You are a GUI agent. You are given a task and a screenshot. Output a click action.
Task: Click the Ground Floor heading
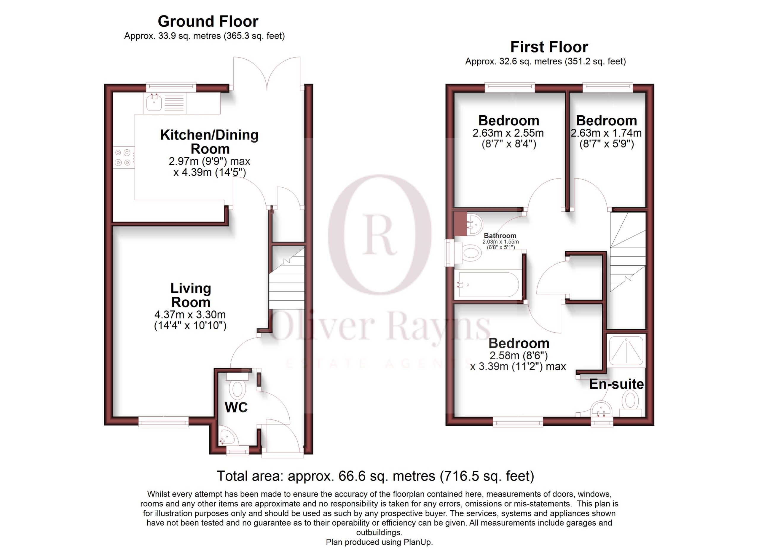coord(208,21)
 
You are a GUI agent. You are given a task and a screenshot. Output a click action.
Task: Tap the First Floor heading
coord(549,47)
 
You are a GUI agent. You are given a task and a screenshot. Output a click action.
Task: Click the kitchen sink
coord(154,102)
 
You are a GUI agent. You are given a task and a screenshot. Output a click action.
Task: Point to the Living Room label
coord(191,295)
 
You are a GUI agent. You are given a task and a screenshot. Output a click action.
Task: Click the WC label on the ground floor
coord(236,407)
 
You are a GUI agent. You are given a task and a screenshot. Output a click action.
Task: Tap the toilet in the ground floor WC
coord(237,386)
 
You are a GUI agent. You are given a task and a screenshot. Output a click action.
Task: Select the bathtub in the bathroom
coord(489,284)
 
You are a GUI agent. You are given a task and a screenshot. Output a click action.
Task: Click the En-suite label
coord(616,384)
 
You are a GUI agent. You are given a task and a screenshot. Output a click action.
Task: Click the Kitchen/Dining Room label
coord(210,142)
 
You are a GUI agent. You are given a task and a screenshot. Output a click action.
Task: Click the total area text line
coord(375,476)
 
